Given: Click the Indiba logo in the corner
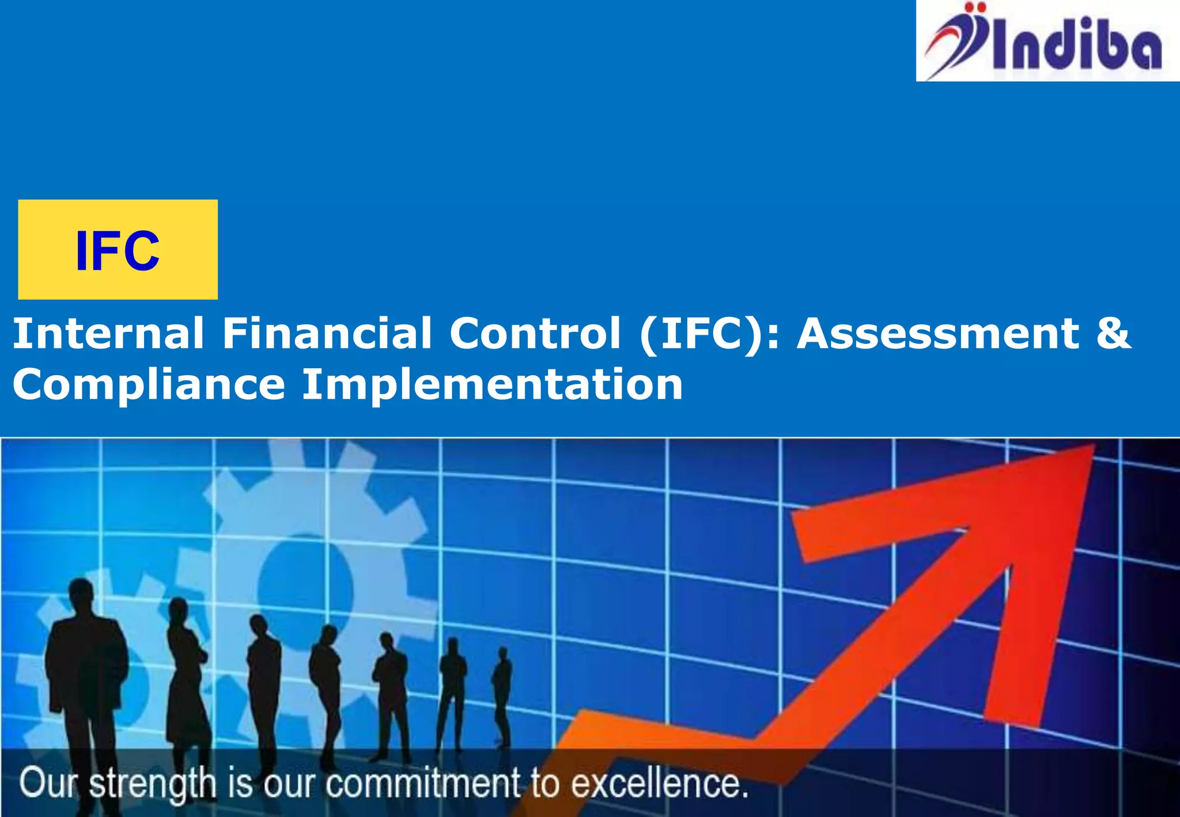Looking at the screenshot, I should coord(1047,41).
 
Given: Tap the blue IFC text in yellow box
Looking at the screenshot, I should coord(118,251).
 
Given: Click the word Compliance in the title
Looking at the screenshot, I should coord(149,385).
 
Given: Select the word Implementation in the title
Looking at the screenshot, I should coord(493,385).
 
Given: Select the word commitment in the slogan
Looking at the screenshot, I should coord(423,784).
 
